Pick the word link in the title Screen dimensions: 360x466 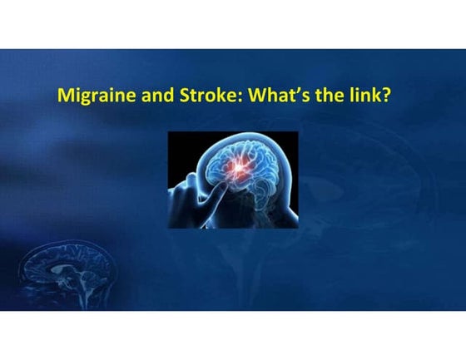click(368, 96)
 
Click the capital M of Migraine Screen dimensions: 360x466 click(62, 96)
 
